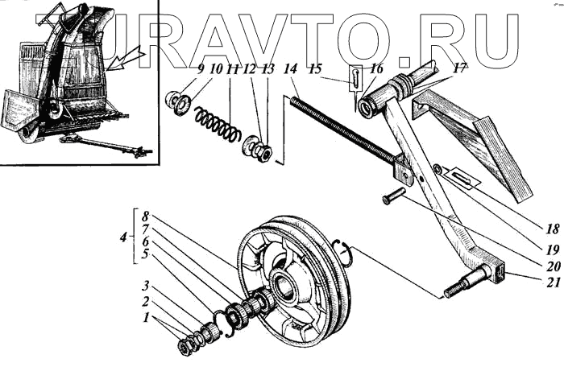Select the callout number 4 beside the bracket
click(122, 238)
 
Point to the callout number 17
click(459, 69)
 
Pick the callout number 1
click(146, 318)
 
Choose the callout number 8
click(146, 216)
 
